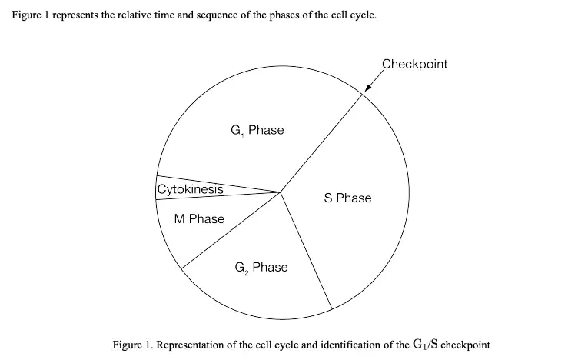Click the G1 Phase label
pyautogui.click(x=257, y=130)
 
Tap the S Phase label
pyautogui.click(x=347, y=198)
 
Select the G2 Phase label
pyautogui.click(x=261, y=268)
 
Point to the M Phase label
pyautogui.click(x=199, y=219)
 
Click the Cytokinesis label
pyautogui.click(x=191, y=189)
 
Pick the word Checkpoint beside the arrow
pyautogui.click(x=414, y=64)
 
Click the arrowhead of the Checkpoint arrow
pyautogui.click(x=367, y=88)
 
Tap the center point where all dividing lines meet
pyautogui.click(x=281, y=192)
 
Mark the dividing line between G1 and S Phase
pyautogui.click(x=321, y=143)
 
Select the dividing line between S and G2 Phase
pyautogui.click(x=306, y=251)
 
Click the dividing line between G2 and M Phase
pyautogui.click(x=231, y=230)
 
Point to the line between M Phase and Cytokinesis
pyautogui.click(x=218, y=196)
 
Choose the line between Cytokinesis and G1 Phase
pyautogui.click(x=218, y=184)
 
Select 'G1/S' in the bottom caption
pyautogui.click(x=425, y=344)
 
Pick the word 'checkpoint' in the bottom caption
pyautogui.click(x=466, y=345)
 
